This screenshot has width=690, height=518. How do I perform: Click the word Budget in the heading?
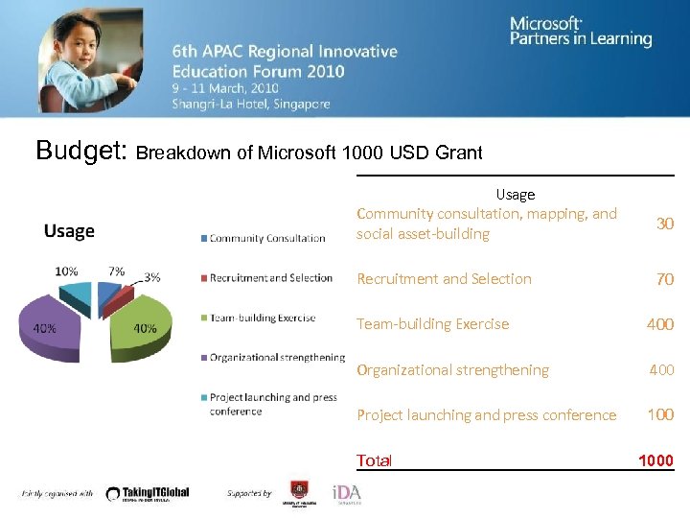click(80, 151)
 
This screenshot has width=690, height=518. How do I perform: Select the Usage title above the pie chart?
click(69, 231)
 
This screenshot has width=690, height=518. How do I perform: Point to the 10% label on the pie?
click(66, 271)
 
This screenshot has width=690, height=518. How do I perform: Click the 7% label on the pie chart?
click(116, 271)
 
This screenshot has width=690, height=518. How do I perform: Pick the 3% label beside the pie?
click(151, 277)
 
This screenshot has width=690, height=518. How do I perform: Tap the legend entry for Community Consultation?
click(267, 238)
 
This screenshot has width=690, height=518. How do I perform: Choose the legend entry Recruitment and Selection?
click(271, 278)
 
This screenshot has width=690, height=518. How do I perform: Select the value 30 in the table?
click(664, 224)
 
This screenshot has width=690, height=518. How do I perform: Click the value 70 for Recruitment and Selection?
click(664, 279)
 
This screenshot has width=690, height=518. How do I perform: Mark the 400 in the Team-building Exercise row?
click(659, 324)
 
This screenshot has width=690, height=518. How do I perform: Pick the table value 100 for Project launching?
click(660, 414)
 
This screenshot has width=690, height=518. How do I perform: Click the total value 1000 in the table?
click(655, 460)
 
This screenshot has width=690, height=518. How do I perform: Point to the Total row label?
click(374, 460)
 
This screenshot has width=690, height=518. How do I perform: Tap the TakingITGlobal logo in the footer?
click(148, 493)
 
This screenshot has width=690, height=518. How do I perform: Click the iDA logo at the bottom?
click(346, 493)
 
